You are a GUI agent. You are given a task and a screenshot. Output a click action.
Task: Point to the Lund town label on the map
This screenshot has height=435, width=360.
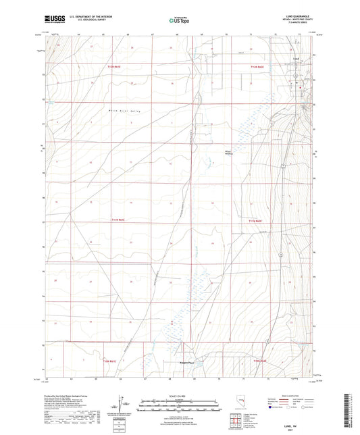tap(296, 77)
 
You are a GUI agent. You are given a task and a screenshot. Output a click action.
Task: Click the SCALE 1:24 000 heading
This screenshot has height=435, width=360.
tap(179, 396)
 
